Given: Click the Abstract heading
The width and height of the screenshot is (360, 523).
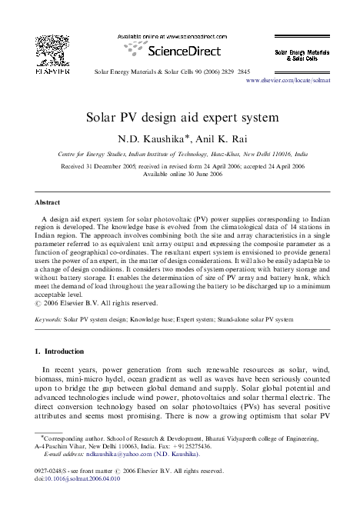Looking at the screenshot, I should pos(48,202).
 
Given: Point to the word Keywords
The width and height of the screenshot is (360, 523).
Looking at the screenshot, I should pos(48,316).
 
